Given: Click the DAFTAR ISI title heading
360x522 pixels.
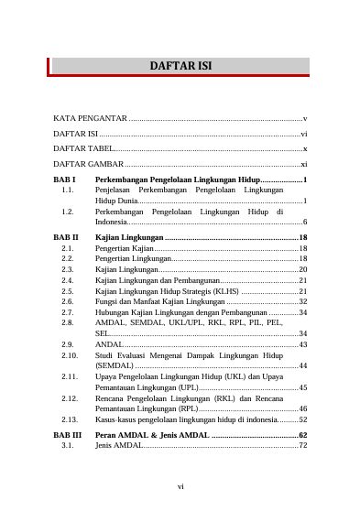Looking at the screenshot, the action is (x=180, y=66).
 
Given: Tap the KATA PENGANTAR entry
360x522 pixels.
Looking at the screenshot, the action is (x=90, y=119).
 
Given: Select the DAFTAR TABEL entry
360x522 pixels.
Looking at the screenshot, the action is (x=83, y=147).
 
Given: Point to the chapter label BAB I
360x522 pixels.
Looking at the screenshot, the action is (x=64, y=179).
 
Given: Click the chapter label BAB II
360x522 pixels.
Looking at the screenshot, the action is (x=66, y=238).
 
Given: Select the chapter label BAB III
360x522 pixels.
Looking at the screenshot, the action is (x=68, y=435).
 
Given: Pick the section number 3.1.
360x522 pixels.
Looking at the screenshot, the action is (x=67, y=445).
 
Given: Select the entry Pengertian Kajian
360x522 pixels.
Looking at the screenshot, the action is (x=125, y=248).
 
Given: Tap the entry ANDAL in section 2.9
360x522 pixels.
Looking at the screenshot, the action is (x=108, y=344).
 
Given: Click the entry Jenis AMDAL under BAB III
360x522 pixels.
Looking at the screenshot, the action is (x=118, y=445).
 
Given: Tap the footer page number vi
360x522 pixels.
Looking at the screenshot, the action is (x=180, y=486).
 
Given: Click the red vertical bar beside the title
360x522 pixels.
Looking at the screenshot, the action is (x=49, y=66).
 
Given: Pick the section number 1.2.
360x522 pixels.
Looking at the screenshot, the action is (x=67, y=212).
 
